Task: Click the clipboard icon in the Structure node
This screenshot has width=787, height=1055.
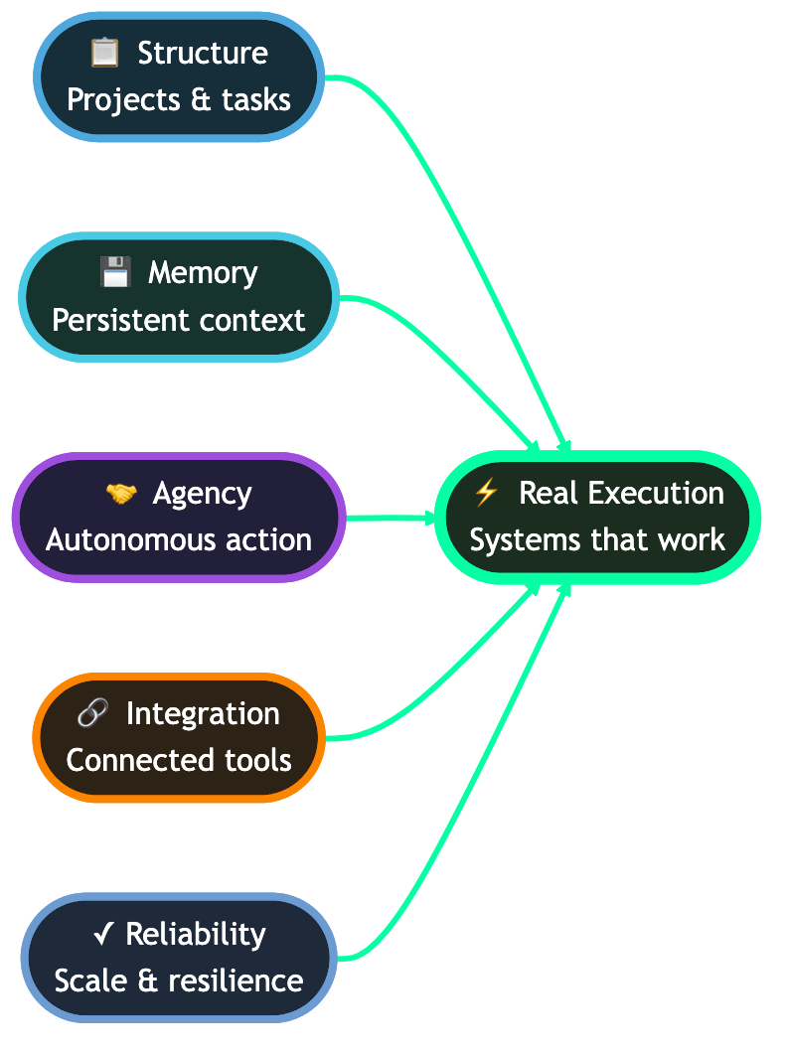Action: [104, 53]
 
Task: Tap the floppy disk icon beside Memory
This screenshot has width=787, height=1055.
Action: [115, 272]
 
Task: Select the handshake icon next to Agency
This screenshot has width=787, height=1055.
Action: [120, 494]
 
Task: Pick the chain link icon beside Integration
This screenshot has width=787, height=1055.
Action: [92, 713]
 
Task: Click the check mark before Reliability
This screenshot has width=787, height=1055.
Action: [103, 934]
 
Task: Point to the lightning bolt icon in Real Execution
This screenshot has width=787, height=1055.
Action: [486, 492]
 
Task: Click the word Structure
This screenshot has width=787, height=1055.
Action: [203, 53]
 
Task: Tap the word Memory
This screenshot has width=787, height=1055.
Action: [203, 272]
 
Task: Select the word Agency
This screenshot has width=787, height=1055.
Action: [203, 494]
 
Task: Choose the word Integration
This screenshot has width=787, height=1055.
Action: [203, 713]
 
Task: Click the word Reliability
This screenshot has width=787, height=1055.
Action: [196, 934]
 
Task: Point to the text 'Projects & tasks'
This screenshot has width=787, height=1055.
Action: [179, 99]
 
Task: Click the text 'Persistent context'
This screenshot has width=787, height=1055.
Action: [179, 320]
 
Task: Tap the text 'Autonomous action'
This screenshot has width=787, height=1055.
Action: [179, 540]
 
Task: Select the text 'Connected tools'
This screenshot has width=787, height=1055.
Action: [179, 761]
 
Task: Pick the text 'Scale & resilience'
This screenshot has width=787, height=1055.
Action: [179, 981]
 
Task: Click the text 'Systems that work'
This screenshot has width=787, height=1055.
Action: [597, 540]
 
